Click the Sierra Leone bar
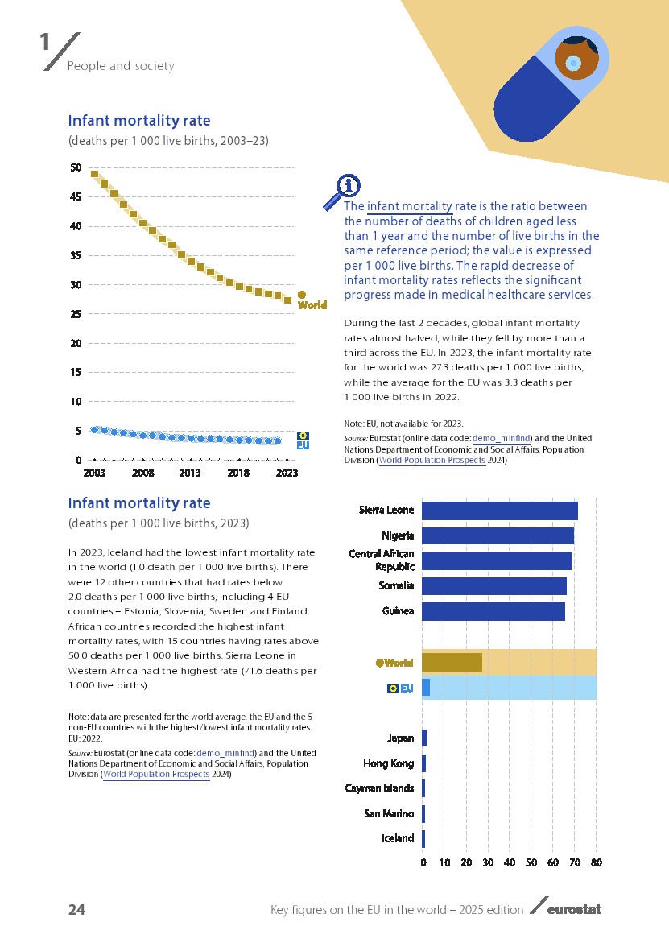point(499,511)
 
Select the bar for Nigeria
point(498,535)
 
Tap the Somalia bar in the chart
point(493,586)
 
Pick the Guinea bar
point(493,611)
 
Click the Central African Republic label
point(382,560)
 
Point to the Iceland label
point(398,838)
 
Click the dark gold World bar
point(452,662)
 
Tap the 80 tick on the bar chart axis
point(596,863)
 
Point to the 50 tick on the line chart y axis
point(76,167)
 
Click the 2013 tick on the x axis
point(190,473)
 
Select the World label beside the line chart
point(312,305)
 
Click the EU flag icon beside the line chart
point(304,436)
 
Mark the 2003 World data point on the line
point(94,174)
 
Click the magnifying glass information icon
point(342,191)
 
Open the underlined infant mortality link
point(409,206)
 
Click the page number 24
point(76,910)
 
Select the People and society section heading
point(121,66)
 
